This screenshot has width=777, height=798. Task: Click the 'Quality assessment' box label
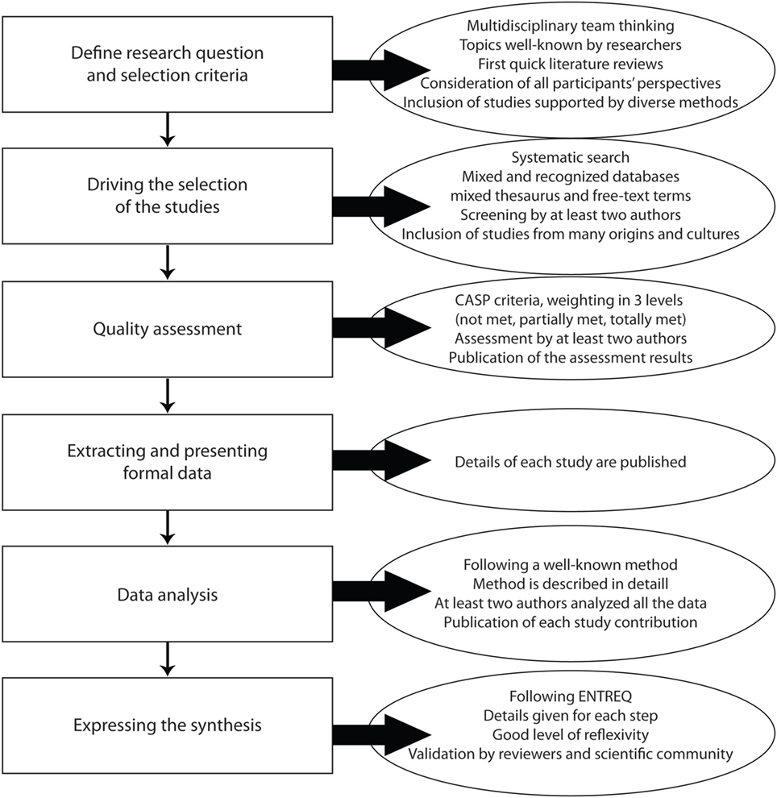click(168, 329)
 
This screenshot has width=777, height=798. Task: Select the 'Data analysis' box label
click(168, 594)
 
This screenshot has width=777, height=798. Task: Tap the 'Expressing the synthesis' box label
click(168, 725)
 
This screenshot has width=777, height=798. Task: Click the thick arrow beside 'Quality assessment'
click(381, 328)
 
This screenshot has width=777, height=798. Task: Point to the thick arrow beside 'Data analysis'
click(381, 592)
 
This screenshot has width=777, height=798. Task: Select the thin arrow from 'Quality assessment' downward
click(168, 395)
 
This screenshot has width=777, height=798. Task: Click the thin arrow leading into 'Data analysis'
click(168, 528)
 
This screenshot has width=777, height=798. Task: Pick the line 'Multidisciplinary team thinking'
click(571, 26)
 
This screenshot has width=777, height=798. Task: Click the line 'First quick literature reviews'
click(571, 64)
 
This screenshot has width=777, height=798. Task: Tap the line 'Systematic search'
click(571, 158)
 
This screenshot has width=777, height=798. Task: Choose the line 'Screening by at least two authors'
click(571, 214)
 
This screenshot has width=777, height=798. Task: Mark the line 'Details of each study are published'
click(571, 462)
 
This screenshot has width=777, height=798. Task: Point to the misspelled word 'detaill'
click(646, 584)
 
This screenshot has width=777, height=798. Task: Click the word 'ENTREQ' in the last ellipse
click(600, 696)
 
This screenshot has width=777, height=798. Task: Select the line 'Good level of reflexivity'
click(571, 734)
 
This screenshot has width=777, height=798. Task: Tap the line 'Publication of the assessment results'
click(571, 357)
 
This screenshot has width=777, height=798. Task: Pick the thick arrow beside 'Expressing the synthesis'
click(381, 735)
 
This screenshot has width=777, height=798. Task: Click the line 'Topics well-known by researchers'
click(571, 45)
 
